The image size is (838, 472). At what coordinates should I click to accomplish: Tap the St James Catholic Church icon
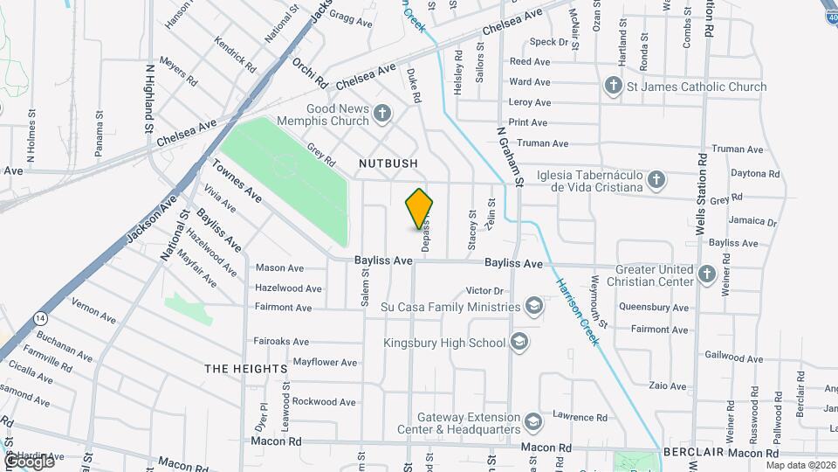click(615, 86)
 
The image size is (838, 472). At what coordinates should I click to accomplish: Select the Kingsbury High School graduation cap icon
click(520, 342)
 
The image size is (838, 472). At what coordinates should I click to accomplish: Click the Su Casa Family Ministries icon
click(533, 306)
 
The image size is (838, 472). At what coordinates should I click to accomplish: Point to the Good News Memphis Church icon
click(381, 112)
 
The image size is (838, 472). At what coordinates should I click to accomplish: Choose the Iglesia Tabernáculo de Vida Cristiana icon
click(656, 180)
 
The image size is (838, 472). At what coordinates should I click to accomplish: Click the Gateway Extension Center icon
click(532, 423)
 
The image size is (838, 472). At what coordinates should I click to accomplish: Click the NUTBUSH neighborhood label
click(388, 163)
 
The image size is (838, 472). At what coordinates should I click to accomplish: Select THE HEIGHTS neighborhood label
click(246, 369)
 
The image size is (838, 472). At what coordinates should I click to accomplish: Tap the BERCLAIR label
click(693, 452)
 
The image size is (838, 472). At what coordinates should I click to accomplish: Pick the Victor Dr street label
click(486, 290)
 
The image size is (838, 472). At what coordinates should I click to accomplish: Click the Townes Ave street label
click(237, 180)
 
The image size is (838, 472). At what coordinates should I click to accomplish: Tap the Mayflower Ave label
click(325, 362)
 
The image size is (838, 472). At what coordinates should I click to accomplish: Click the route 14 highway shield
click(40, 318)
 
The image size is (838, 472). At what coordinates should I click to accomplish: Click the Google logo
click(29, 461)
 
